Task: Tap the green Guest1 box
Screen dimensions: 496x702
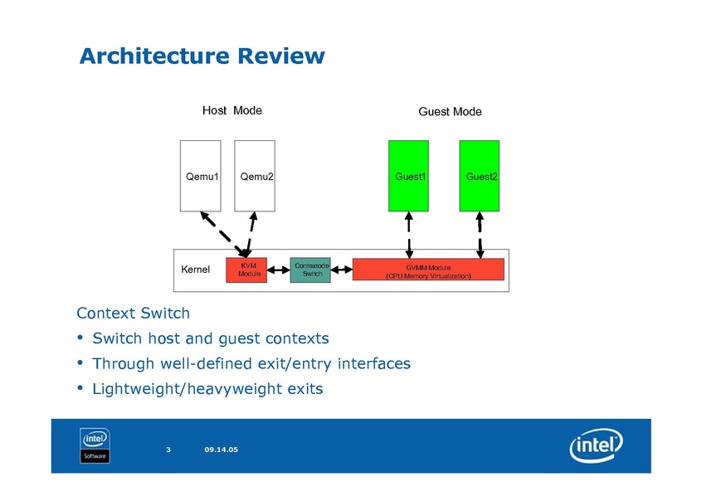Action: pos(409,176)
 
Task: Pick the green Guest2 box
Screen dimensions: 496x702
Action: pos(480,176)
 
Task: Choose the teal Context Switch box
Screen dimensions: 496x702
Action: pos(310,270)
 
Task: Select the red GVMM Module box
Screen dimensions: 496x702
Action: pos(428,270)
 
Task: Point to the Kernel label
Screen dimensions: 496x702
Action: pos(196,270)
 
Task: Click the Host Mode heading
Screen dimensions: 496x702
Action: pos(232,110)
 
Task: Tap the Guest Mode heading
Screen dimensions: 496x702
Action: pos(450,111)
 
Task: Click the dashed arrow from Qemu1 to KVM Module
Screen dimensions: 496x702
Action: pos(219,233)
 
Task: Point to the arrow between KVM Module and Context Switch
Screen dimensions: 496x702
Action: pos(279,270)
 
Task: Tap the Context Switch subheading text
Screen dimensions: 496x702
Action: pos(133,314)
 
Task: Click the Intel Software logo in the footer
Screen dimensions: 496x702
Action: pos(95,445)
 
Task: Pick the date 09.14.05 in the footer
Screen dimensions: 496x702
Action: pos(221,450)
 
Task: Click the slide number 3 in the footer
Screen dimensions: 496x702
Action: pos(168,450)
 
